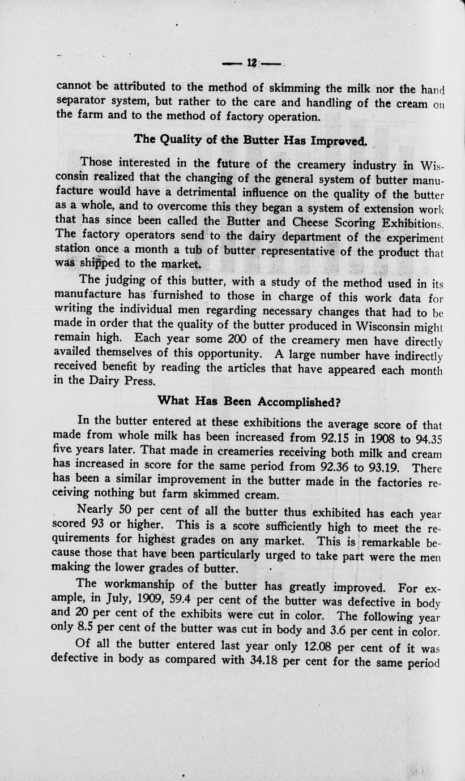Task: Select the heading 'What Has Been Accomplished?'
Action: click(248, 401)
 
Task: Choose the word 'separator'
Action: click(83, 102)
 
